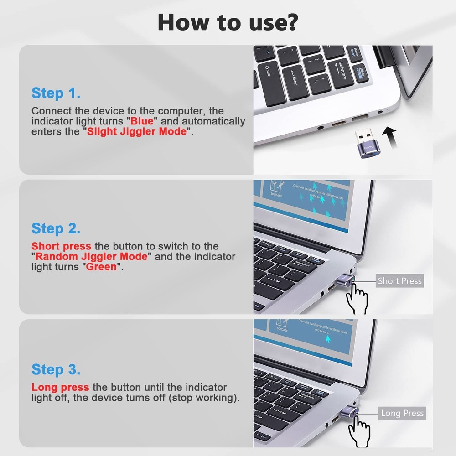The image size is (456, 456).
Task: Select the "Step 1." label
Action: (56, 93)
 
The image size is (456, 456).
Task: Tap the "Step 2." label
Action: (56, 228)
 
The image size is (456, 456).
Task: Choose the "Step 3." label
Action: (56, 369)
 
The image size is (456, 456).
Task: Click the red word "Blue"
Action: (144, 121)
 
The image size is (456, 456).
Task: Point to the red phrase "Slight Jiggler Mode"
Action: (137, 132)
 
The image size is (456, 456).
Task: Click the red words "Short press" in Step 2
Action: (61, 246)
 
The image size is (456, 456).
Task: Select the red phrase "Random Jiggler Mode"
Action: (92, 256)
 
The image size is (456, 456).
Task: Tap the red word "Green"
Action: (101, 267)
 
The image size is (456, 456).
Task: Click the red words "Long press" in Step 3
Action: (60, 388)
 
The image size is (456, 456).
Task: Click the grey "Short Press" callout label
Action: (399, 281)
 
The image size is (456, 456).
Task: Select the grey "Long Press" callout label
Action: (402, 414)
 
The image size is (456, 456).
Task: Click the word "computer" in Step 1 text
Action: (182, 111)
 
